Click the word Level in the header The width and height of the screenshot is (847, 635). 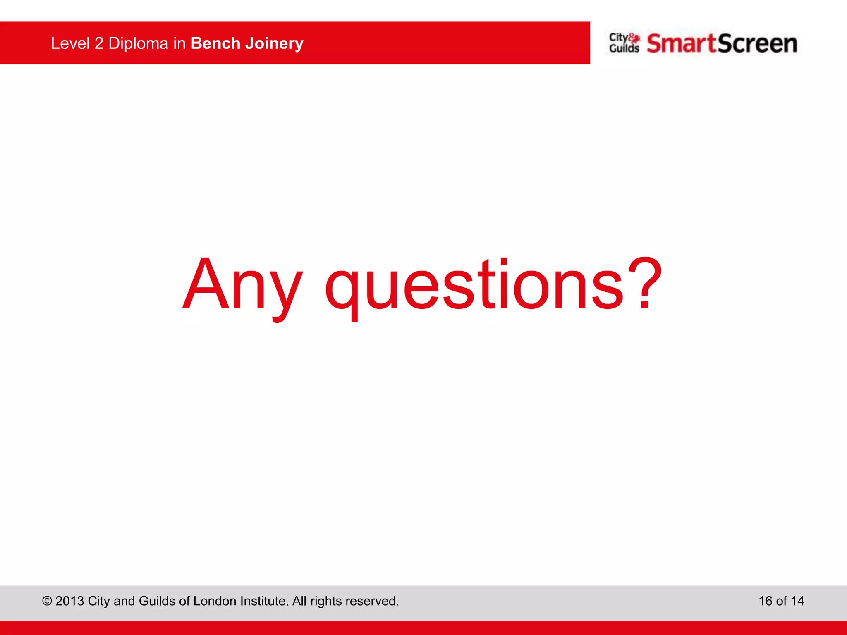coord(70,43)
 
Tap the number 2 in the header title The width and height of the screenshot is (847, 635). coord(99,43)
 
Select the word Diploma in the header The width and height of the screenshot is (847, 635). coord(138,43)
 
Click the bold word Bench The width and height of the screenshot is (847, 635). coord(215,43)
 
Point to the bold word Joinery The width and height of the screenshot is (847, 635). coord(274,43)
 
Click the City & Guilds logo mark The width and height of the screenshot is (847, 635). coord(624,43)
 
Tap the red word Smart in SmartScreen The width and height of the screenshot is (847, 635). coord(681,44)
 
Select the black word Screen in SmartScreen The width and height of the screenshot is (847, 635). coord(757,44)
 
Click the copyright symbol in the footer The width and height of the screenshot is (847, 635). coord(47,601)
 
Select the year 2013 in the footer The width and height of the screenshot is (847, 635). coord(69,601)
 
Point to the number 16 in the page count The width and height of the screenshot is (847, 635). coord(765,601)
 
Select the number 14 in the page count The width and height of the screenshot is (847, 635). coord(797,601)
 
